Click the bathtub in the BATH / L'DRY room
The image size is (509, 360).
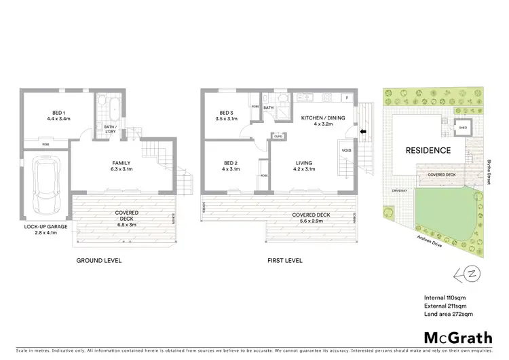coord(107,107)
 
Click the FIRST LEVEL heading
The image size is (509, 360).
coord(285,260)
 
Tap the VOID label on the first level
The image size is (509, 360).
coord(346,150)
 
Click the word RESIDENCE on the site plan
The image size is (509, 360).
coord(428,150)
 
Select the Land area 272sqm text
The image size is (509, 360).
coord(448,314)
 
